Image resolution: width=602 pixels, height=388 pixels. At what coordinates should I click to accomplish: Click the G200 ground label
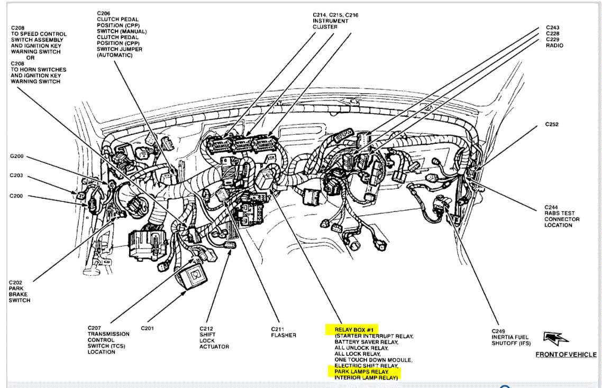(x=16, y=156)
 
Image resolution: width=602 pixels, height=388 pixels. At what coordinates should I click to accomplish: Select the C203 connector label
(x=16, y=175)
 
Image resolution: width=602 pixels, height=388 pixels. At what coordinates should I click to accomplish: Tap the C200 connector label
(x=16, y=196)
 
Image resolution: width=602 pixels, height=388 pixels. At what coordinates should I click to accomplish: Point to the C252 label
(x=552, y=125)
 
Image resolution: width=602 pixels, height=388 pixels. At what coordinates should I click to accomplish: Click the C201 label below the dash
(x=148, y=328)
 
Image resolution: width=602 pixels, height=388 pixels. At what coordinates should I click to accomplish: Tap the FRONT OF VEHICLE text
(x=565, y=354)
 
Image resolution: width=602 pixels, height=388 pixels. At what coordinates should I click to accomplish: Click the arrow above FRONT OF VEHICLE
(x=555, y=338)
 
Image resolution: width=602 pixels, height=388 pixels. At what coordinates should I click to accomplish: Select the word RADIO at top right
(x=554, y=45)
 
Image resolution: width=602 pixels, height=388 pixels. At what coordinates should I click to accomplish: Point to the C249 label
(x=499, y=331)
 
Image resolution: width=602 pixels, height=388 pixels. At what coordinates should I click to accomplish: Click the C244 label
(x=552, y=207)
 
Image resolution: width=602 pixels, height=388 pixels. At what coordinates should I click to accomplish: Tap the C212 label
(x=207, y=328)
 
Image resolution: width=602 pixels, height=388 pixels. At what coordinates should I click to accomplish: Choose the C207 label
(x=95, y=328)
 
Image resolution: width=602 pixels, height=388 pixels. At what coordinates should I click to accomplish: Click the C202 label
(x=15, y=282)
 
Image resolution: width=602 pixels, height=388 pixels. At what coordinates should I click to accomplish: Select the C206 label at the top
(x=104, y=13)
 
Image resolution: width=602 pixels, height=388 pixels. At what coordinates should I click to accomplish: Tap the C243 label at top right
(x=552, y=27)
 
